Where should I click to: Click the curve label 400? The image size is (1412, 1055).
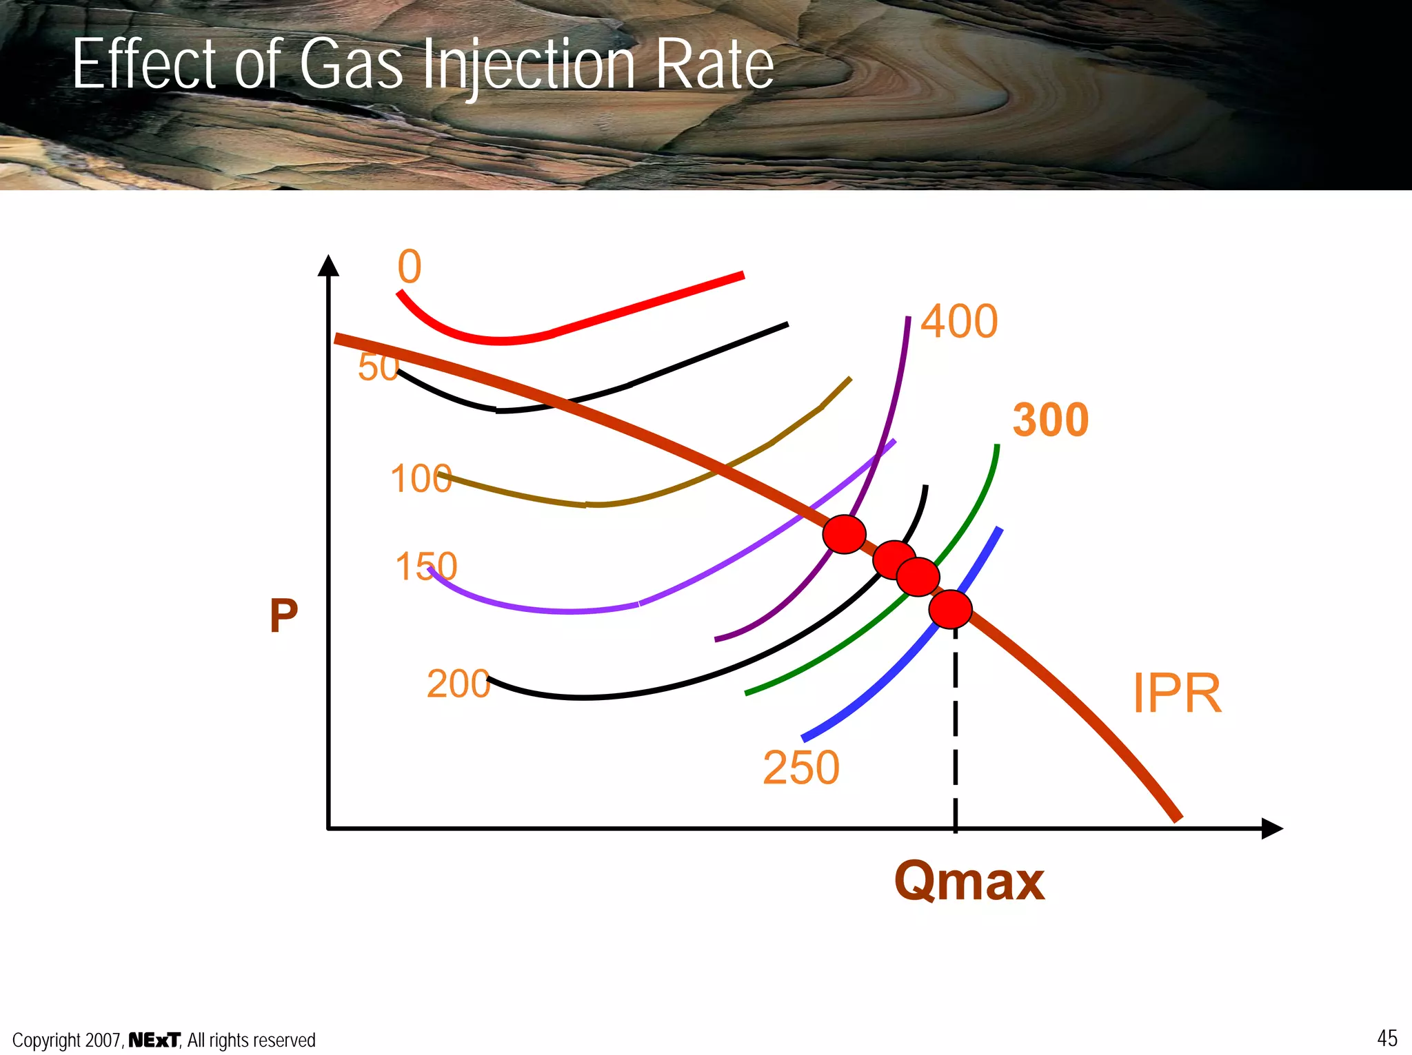click(x=959, y=321)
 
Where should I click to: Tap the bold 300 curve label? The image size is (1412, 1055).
click(x=1050, y=420)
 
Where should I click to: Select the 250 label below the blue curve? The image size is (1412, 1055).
click(x=801, y=768)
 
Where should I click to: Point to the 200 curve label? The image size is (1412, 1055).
click(x=458, y=684)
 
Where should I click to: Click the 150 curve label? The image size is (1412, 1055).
click(x=426, y=566)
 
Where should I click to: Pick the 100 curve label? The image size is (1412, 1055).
click(x=421, y=478)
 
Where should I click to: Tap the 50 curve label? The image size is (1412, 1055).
click(x=378, y=367)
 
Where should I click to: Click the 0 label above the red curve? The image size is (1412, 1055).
click(x=409, y=267)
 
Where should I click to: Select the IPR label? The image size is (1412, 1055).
click(x=1177, y=693)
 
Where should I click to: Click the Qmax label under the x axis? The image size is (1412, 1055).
click(x=969, y=881)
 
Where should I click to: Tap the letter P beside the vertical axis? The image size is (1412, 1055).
click(x=283, y=615)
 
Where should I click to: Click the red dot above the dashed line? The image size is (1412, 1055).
click(x=950, y=609)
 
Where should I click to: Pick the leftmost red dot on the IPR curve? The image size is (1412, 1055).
click(x=844, y=534)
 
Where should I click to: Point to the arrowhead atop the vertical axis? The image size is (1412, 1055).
click(x=329, y=265)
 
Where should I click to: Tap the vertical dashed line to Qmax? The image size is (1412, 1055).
click(x=955, y=730)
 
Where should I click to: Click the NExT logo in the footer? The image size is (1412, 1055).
click(x=154, y=1039)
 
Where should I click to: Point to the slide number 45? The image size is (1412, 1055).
click(x=1387, y=1038)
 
